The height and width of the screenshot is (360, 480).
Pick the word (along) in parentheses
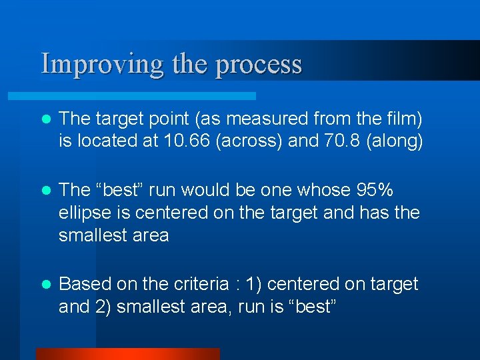(392, 141)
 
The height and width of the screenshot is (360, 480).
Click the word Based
(85, 284)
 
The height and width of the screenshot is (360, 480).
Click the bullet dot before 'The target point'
(45, 120)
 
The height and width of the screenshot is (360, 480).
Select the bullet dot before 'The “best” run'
(45, 191)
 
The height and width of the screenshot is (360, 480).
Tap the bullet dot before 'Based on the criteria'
(45, 285)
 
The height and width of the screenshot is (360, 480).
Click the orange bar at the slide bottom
(127, 353)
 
